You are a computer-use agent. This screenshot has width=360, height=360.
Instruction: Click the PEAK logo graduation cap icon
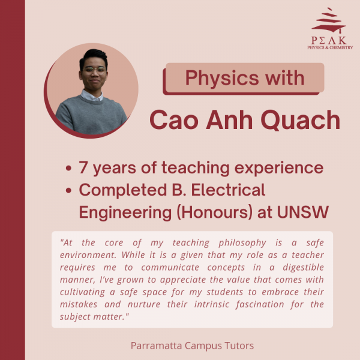pyautogui.click(x=329, y=20)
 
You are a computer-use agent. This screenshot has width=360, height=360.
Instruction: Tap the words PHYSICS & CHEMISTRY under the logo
pyautogui.click(x=330, y=47)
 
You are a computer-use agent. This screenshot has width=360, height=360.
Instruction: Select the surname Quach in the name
pyautogui.click(x=301, y=120)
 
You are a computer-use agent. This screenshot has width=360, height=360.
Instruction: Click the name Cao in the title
pyautogui.click(x=174, y=120)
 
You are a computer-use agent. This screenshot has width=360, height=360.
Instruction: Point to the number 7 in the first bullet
pyautogui.click(x=83, y=167)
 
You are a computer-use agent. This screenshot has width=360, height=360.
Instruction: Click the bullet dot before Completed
pyautogui.click(x=68, y=190)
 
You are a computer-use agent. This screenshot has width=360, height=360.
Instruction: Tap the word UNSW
pyautogui.click(x=303, y=212)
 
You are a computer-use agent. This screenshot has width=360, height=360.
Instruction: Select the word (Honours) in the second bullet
pyautogui.click(x=215, y=212)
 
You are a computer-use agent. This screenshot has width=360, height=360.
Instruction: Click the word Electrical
pyautogui.click(x=228, y=190)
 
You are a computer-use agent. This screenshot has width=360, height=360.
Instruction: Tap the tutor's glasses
pyautogui.click(x=94, y=70)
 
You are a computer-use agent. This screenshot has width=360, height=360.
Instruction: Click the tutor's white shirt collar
pyautogui.click(x=92, y=95)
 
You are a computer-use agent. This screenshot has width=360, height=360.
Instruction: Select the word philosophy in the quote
pyautogui.click(x=242, y=243)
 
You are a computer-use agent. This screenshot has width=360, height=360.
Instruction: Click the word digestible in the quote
pyautogui.click(x=303, y=268)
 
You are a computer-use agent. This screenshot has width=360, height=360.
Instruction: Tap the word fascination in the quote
pyautogui.click(x=260, y=304)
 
